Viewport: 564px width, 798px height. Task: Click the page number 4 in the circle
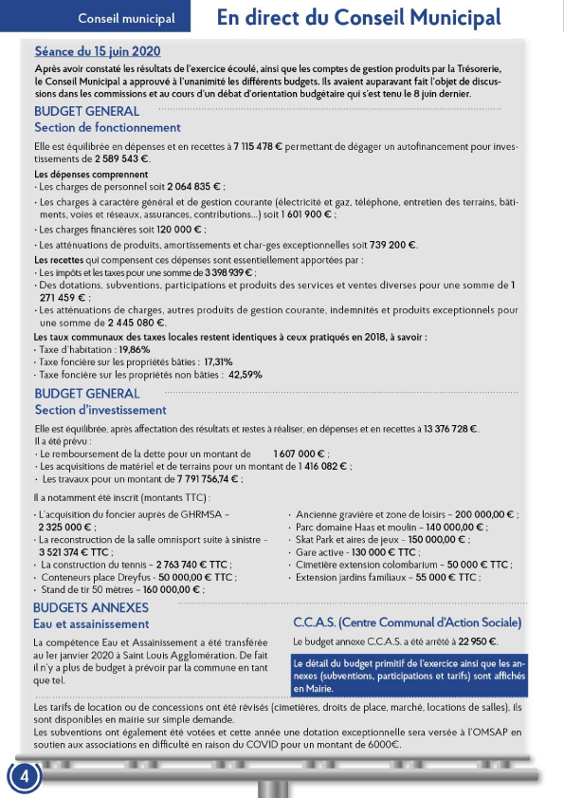[25, 775]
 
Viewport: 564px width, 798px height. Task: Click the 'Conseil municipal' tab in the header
[126, 18]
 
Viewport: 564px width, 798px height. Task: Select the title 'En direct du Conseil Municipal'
[358, 17]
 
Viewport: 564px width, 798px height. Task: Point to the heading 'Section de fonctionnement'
[107, 127]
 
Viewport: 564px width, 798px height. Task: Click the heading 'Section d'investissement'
[100, 410]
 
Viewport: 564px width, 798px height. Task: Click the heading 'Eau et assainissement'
[91, 624]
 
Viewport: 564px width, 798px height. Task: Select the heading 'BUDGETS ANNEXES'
[91, 607]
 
